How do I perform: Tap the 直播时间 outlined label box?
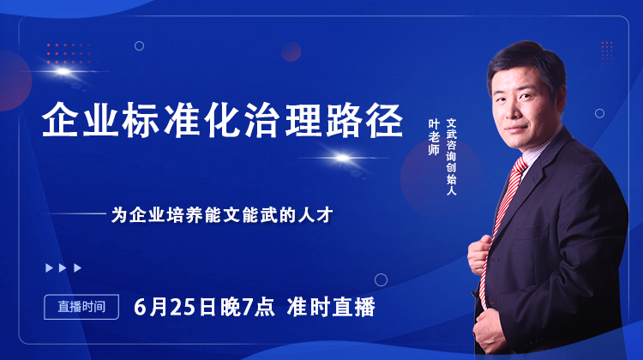[75, 306]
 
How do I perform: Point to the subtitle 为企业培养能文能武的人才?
[221, 215]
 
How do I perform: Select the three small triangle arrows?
[64, 267]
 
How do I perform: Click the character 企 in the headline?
[59, 122]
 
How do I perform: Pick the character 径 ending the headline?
[387, 122]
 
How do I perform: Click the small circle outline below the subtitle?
[381, 279]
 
